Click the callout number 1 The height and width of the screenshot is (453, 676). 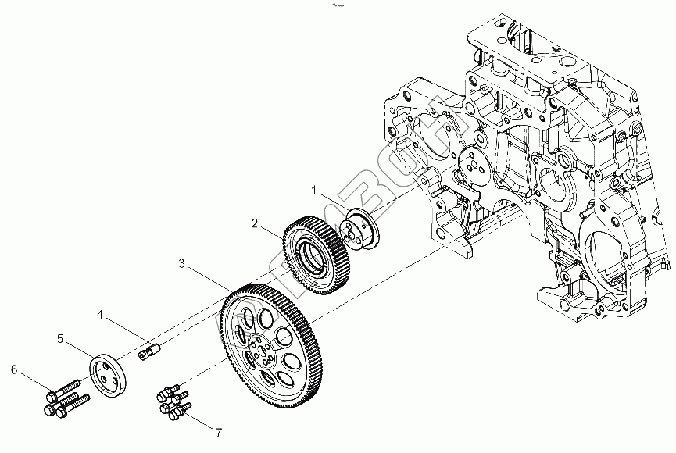point(313,190)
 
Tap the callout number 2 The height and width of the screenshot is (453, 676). point(255,223)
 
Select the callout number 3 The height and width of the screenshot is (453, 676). point(181,264)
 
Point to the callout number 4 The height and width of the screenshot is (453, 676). point(100,314)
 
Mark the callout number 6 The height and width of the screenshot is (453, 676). point(13,368)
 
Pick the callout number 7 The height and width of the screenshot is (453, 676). point(220,432)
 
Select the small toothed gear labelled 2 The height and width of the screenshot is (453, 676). point(317,251)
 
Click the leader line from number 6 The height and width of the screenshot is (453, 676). point(33,380)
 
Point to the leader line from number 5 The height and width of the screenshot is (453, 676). point(79,351)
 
